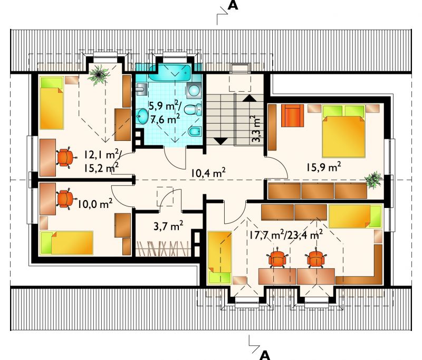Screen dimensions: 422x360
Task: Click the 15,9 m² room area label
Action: coord(324,167)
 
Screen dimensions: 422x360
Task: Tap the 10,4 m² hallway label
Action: coord(208,173)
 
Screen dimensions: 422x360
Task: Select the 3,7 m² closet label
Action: coord(168,225)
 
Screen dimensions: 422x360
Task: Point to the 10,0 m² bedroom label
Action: coord(95,204)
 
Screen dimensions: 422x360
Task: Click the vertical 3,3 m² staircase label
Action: coord(256,129)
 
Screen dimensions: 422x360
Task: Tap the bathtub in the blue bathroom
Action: coord(169,72)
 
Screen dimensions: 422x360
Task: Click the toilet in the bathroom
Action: coord(193,109)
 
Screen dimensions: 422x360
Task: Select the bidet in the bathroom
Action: coord(194,132)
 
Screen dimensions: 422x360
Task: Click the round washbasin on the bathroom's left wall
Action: coord(142,116)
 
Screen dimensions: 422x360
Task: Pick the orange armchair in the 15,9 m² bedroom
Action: coord(293,115)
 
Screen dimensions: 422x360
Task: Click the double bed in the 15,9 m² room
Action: coord(343,131)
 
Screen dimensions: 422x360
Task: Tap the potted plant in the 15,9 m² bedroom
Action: coord(373,179)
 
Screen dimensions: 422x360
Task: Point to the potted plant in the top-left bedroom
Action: coord(99,74)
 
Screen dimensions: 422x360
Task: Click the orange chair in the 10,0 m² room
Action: coord(64,199)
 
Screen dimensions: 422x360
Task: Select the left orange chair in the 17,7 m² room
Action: coord(277,259)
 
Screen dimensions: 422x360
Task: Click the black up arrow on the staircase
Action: coord(250,98)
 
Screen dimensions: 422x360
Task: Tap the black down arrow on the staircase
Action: coord(220,141)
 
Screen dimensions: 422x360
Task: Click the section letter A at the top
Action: coord(233,5)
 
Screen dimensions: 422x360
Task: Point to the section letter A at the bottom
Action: coord(265,355)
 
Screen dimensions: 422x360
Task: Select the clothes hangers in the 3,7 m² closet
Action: coord(164,249)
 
